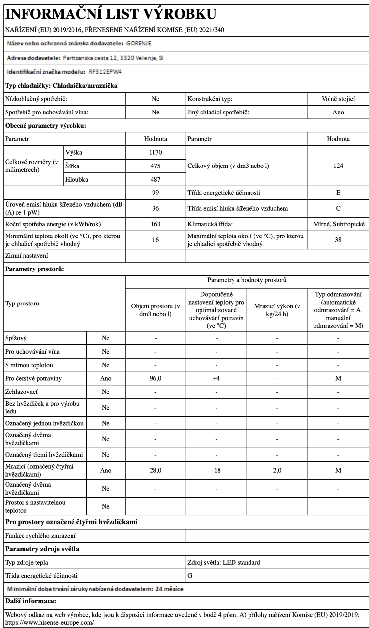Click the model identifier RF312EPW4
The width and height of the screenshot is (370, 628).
pos(105,72)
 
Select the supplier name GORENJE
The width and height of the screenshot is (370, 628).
pos(139,44)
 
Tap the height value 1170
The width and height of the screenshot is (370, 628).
pos(155,152)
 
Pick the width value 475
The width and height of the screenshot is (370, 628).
pos(155,166)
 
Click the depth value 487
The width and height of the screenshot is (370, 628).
pos(155,179)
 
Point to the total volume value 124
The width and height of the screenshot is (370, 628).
pos(338,166)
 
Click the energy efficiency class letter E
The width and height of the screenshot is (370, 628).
pos(338,193)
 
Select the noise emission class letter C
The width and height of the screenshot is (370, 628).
pos(338,208)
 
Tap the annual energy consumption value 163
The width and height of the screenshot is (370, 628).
pos(155,224)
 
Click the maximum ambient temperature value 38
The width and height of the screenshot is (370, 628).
pos(338,240)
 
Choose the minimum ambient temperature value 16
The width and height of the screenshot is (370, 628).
pos(155,240)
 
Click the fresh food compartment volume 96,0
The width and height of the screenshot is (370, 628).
pos(155,378)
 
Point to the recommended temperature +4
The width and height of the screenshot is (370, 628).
pos(216,378)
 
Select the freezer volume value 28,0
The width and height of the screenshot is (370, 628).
pos(155,470)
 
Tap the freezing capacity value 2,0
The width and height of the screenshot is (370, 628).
pos(277,470)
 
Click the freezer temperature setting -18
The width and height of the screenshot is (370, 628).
pos(216,470)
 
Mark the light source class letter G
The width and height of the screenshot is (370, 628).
pos(190,575)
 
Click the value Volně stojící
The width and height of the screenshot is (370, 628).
pos(338,99)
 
